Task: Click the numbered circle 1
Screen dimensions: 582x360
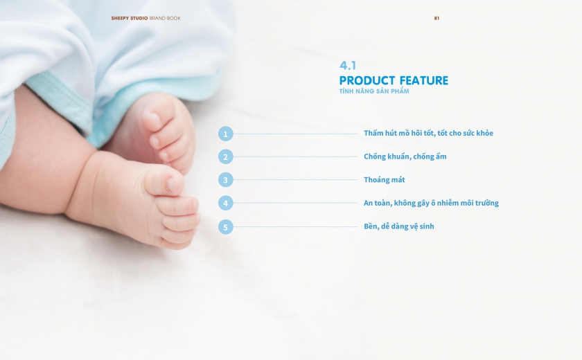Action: coord(226,134)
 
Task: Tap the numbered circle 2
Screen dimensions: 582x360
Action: coord(226,157)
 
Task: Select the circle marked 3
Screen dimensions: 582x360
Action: coord(226,180)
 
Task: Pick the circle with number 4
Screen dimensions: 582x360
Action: coord(226,203)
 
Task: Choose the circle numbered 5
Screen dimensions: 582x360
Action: coord(226,227)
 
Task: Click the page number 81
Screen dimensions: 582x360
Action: coord(437,18)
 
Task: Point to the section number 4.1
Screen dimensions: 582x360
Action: coord(348,66)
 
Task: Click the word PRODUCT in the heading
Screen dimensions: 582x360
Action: coord(367,80)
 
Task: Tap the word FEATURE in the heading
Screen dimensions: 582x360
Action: coord(424,80)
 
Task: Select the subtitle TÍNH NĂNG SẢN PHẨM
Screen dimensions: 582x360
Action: coord(374,91)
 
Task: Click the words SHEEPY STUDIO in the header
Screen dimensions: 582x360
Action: coord(130,18)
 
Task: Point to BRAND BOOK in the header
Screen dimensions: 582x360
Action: coord(165,18)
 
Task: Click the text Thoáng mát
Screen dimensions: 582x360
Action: coord(384,180)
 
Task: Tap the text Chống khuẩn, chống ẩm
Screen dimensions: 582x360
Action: coord(405,156)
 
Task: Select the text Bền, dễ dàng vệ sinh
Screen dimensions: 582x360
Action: coord(398,226)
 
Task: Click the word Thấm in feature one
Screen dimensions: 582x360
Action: coord(373,133)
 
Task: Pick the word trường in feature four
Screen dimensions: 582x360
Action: coord(486,203)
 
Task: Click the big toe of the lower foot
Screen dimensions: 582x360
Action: coord(165,181)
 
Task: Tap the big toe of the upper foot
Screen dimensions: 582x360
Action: coord(158,118)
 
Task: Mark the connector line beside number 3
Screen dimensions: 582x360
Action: coord(295,180)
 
